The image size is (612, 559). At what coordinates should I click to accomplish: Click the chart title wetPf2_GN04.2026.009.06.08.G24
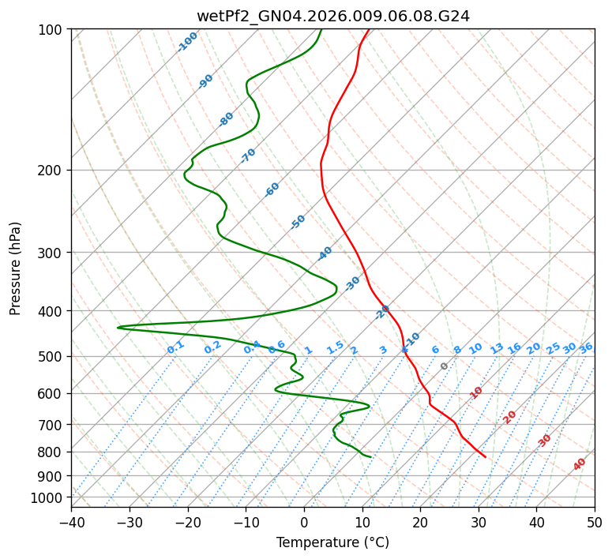[x=332, y=16]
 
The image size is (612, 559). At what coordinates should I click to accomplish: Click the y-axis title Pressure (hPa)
[x=16, y=268]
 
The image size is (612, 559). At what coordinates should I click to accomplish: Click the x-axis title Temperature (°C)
[x=332, y=543]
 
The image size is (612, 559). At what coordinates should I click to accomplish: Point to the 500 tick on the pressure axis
[x=54, y=357]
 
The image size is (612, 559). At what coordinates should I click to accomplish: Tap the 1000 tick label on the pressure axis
[x=47, y=497]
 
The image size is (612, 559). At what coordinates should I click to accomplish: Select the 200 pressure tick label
[x=54, y=171]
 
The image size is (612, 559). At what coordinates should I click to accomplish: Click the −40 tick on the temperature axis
[x=71, y=523]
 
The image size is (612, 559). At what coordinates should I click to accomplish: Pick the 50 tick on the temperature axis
[x=595, y=523]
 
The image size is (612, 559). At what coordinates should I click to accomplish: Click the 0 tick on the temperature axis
[x=304, y=523]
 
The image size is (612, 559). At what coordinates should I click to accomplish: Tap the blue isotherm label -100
[x=187, y=42]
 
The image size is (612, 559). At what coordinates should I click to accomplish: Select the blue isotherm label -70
[x=248, y=156]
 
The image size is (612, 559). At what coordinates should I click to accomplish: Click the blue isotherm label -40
[x=325, y=253]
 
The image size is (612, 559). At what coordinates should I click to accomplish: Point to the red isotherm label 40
[x=580, y=464]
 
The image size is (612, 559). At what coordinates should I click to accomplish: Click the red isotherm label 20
[x=510, y=417]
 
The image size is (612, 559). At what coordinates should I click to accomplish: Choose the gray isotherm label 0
[x=445, y=366]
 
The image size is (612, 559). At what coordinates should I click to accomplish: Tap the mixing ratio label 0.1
[x=175, y=347]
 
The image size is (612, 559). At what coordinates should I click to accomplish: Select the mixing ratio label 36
[x=586, y=347]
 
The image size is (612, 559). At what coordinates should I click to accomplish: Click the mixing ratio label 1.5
[x=335, y=347]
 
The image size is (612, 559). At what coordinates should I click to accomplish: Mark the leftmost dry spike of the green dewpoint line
[x=118, y=327]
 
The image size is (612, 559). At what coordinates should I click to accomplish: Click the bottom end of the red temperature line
[x=486, y=456]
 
